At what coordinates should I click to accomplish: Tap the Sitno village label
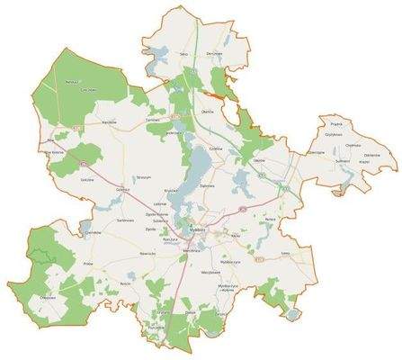coord(184,54)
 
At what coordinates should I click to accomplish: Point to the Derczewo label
coord(213,55)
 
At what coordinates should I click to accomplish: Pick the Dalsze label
coord(191,311)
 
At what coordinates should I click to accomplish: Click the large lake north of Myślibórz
coord(194,171)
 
